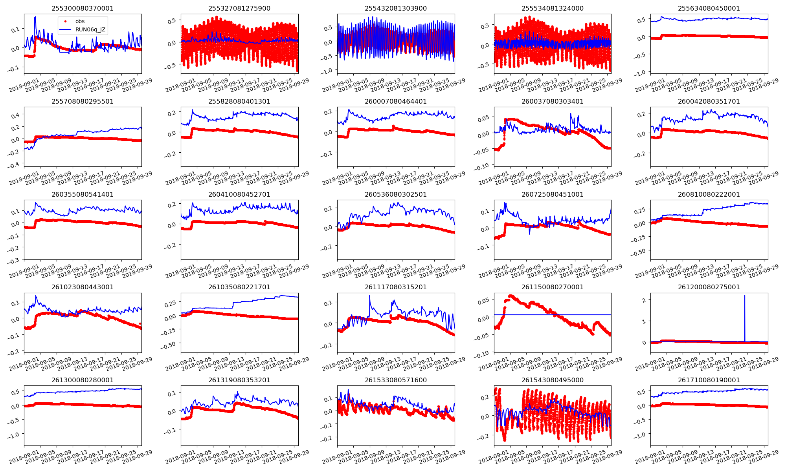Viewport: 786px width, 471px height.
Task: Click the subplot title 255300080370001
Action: click(x=83, y=8)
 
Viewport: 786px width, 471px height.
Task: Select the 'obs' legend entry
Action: click(x=80, y=21)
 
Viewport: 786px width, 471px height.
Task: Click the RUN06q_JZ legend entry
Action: click(x=90, y=29)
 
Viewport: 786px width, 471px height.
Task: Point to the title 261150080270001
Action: click(x=552, y=287)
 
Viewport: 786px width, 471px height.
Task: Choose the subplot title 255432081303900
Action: click(x=396, y=8)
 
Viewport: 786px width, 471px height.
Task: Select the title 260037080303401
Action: click(x=552, y=101)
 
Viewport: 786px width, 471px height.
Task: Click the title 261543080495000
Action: click(x=552, y=380)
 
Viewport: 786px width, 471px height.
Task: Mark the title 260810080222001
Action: click(x=709, y=194)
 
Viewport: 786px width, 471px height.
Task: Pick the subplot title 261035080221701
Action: click(x=239, y=287)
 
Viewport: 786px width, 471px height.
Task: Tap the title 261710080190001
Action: click(x=709, y=380)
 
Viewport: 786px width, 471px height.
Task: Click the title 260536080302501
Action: click(x=396, y=194)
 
